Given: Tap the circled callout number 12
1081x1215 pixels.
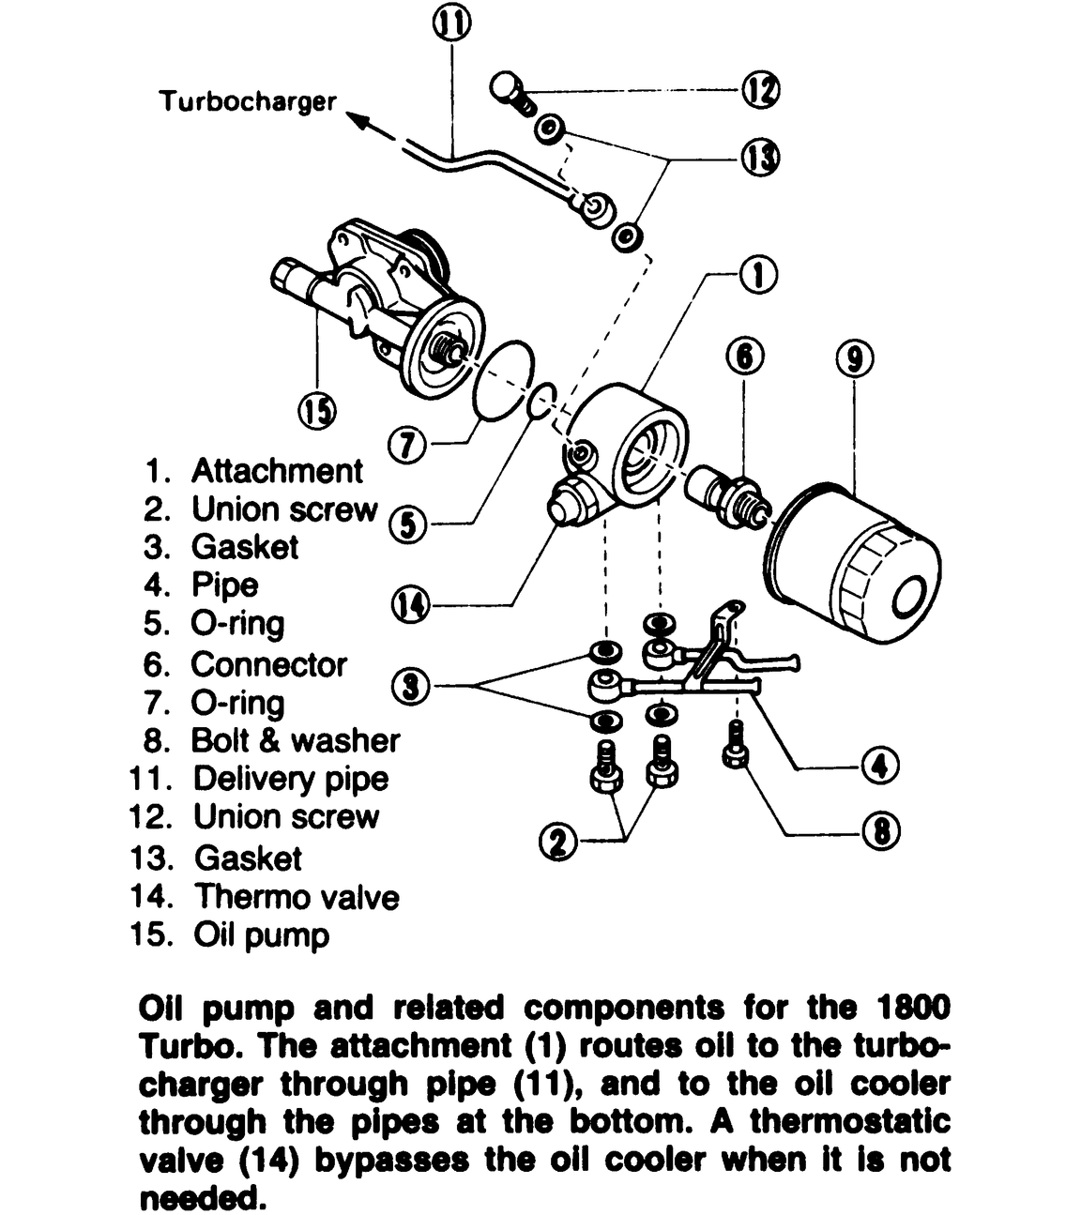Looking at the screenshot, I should [x=761, y=91].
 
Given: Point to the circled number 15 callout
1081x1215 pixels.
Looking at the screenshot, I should [x=317, y=410].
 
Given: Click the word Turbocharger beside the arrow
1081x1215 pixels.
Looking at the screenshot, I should [x=248, y=101].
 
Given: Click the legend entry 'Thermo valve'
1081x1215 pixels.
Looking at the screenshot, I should [x=297, y=897].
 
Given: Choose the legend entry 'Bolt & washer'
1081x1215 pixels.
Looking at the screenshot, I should [x=295, y=740].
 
